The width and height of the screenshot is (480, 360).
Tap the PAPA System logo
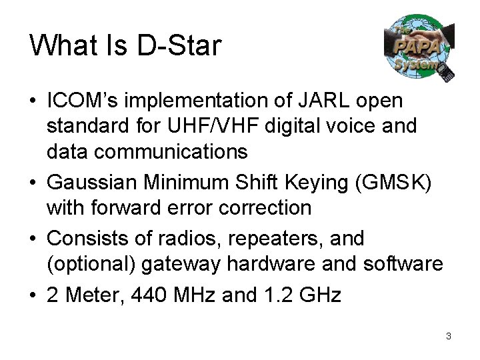419,48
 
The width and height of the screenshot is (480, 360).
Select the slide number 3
449,336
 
